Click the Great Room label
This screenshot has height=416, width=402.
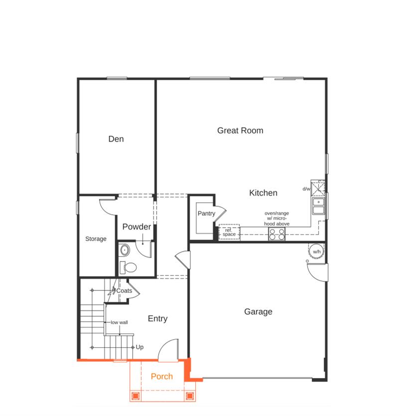[240, 131]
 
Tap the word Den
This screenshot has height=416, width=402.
[116, 139]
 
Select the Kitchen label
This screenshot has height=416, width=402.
[263, 193]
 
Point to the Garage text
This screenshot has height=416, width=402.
[258, 312]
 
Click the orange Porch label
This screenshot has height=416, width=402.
[162, 376]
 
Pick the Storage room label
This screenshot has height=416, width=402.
[96, 239]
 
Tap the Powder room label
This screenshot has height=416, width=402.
[136, 227]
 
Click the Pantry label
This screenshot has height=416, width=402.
[206, 213]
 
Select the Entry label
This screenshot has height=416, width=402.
[157, 319]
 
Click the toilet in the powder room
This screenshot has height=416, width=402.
[130, 267]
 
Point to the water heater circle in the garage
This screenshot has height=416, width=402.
[317, 252]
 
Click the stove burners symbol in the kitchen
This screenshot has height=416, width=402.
[276, 234]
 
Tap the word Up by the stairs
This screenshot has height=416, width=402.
[139, 347]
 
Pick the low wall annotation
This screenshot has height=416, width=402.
[119, 322]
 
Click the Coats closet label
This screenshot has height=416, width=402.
[124, 290]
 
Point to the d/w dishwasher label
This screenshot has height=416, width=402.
[306, 189]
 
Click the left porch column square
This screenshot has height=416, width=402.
[135, 396]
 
